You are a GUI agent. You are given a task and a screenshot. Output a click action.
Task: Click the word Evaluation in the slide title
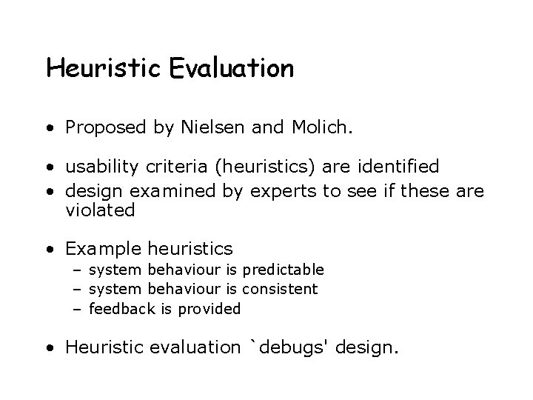click(x=231, y=69)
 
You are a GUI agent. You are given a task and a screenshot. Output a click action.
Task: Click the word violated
click(x=100, y=210)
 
